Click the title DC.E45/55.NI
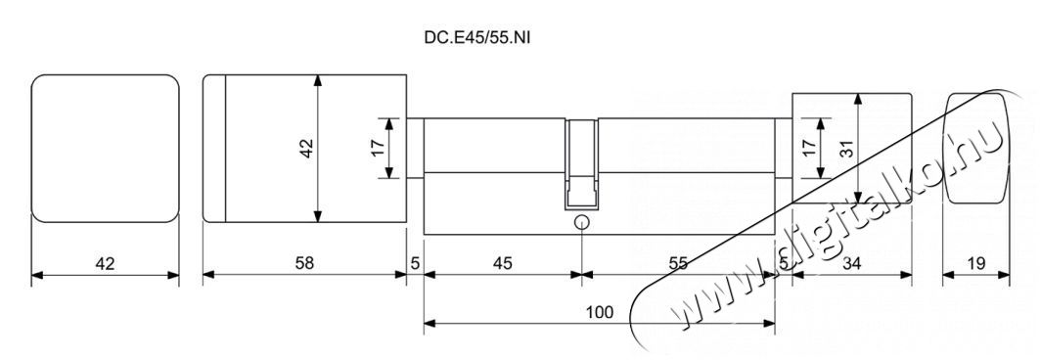(x=477, y=38)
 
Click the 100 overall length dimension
(x=600, y=311)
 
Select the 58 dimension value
(x=303, y=263)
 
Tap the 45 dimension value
(x=502, y=263)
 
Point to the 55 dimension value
(x=678, y=263)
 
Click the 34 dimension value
(x=851, y=263)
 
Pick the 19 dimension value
(x=975, y=263)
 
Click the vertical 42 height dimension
(x=306, y=148)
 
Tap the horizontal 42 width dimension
(x=105, y=263)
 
